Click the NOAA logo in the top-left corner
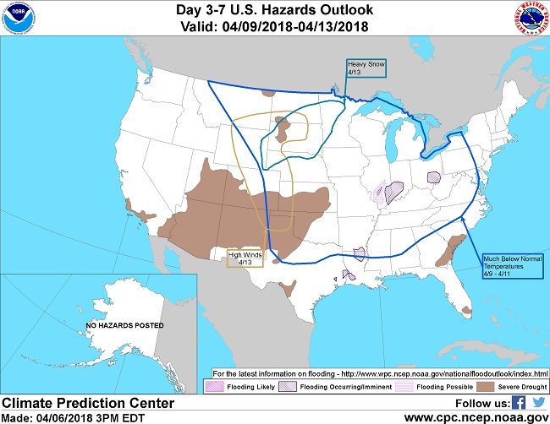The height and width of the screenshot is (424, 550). tap(20, 19)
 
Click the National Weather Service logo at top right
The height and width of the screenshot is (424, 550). tap(530, 19)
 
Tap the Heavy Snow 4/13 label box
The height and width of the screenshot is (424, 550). tap(366, 68)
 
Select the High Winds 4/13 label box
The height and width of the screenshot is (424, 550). tap(246, 258)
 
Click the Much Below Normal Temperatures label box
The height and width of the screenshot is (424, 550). tap(511, 262)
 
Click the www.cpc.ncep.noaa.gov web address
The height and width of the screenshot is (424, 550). tap(476, 417)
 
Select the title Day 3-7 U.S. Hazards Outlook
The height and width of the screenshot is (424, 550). tap(276, 9)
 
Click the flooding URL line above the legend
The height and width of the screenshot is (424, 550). tap(380, 372)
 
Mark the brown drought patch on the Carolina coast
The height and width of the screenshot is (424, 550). tap(449, 249)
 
